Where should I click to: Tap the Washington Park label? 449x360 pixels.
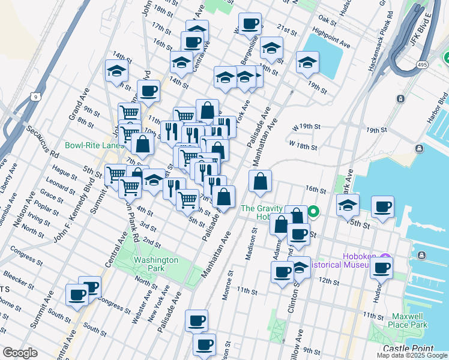coord(155,264)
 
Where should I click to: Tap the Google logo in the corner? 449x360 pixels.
coord(20,353)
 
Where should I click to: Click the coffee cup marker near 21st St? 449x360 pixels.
coord(250,25)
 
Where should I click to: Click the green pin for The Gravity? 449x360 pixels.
coord(313,212)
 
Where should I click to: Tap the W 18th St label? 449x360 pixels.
coord(303,145)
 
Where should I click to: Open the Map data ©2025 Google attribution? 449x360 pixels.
coord(412,355)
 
